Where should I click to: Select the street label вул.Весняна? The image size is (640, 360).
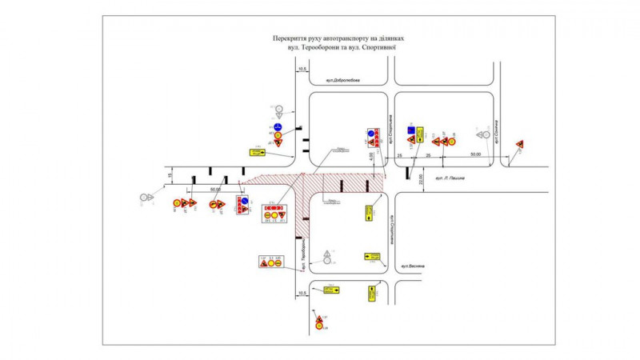tap(416, 266)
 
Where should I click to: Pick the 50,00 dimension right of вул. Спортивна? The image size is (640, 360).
tap(476, 154)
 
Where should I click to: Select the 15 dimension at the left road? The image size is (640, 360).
tap(170, 175)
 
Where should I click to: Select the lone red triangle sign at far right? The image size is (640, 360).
tap(519, 144)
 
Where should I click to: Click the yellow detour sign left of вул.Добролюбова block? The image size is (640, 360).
tap(256, 152)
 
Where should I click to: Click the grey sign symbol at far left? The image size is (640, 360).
tap(145, 197)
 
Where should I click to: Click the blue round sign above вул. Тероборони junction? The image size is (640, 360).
tap(278, 126)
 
